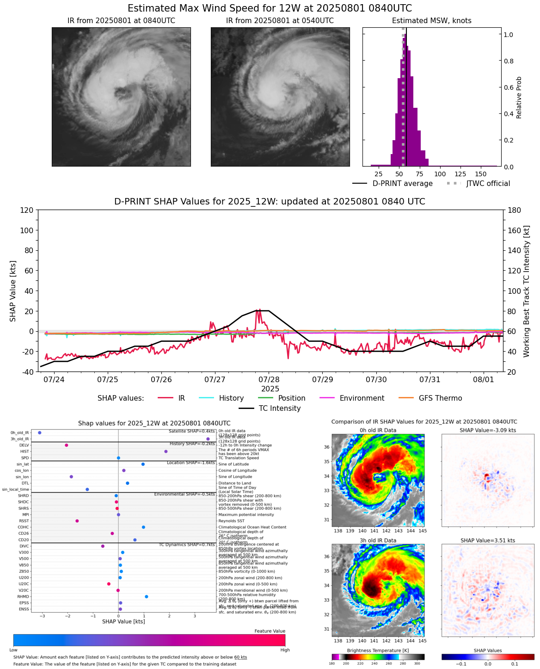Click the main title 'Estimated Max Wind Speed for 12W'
pyautogui.click(x=270, y=8)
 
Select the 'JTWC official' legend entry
pyautogui.click(x=488, y=183)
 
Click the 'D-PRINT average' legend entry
pyautogui.click(x=402, y=183)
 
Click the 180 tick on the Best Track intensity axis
pyautogui.click(x=514, y=210)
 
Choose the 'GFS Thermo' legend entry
pyautogui.click(x=440, y=398)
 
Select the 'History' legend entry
pyautogui.click(x=231, y=398)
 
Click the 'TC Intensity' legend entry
pyautogui.click(x=279, y=408)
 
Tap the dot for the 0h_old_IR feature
pyautogui.click(x=40, y=433)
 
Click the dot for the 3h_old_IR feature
pyautogui.click(x=208, y=439)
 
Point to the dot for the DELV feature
pyautogui.click(x=67, y=445)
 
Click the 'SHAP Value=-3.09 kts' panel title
pyautogui.click(x=488, y=430)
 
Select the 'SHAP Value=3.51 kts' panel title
pyautogui.click(x=488, y=540)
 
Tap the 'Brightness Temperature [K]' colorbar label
pyautogui.click(x=378, y=650)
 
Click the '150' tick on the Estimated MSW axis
pyautogui.click(x=481, y=174)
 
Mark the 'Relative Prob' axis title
pyautogui.click(x=519, y=97)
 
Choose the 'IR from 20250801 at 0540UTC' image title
pyautogui.click(x=280, y=21)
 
